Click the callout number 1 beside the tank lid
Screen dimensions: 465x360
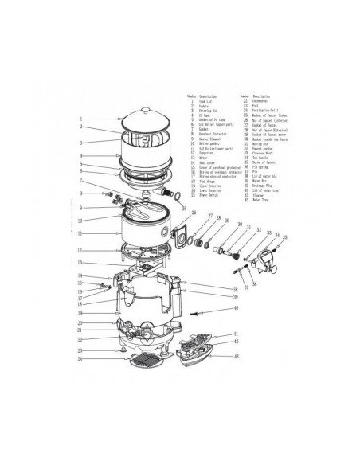(x=80, y=119)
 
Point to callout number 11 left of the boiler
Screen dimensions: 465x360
(x=80, y=233)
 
